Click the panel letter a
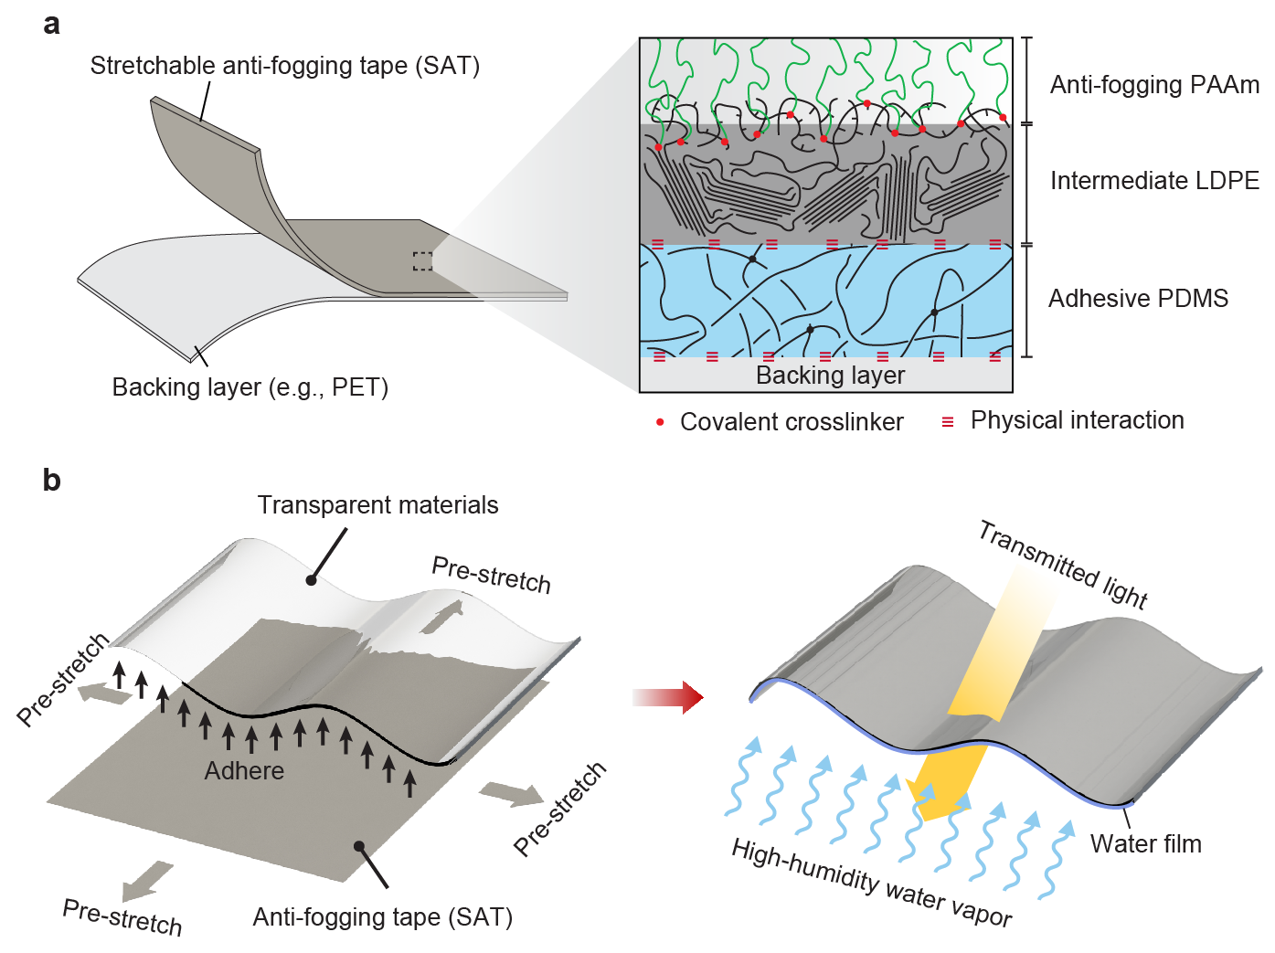tap(52, 25)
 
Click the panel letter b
tap(52, 480)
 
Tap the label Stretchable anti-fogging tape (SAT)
tap(284, 66)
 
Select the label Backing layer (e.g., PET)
tap(250, 387)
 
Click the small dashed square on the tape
tap(422, 261)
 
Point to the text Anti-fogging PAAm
tap(1154, 85)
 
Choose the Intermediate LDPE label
tap(1154, 181)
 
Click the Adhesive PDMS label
tap(1138, 299)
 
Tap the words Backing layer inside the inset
tap(830, 376)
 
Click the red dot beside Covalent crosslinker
tap(660, 422)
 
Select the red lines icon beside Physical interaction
tap(948, 422)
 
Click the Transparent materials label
tap(377, 505)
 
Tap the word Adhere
tap(244, 771)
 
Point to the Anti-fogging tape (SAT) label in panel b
tap(382, 917)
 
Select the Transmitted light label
tap(1062, 565)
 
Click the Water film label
tap(1145, 844)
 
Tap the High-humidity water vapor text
tap(871, 883)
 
